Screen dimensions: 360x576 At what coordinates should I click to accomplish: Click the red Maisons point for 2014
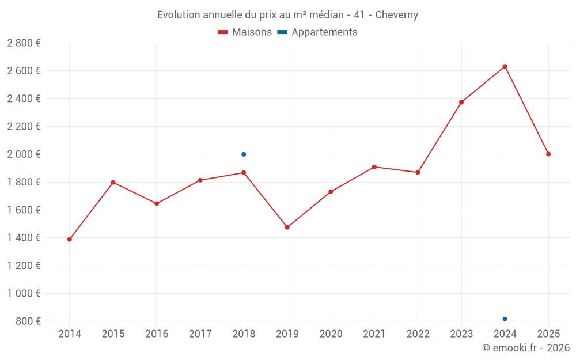(x=70, y=239)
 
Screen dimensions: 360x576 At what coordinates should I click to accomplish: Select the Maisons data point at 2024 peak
(x=505, y=66)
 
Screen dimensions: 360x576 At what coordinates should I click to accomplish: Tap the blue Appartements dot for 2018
(x=244, y=154)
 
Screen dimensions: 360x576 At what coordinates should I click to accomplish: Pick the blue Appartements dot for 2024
(x=505, y=319)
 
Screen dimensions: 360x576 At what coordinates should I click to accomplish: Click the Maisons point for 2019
(x=287, y=228)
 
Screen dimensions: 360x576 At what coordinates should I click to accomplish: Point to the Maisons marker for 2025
(x=548, y=154)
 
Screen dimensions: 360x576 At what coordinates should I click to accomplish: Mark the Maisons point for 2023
(x=461, y=103)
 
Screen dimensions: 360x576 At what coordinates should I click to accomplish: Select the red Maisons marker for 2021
(x=374, y=167)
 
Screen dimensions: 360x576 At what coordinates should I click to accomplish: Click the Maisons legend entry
(x=245, y=32)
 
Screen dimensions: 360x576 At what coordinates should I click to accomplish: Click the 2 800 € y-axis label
(x=24, y=43)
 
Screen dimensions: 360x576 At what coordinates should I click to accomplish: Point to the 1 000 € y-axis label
(x=24, y=294)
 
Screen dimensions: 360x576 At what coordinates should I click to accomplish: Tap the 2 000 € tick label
(x=24, y=154)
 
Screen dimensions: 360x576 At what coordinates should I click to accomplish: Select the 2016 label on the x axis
(x=157, y=334)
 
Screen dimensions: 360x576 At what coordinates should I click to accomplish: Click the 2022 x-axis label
(x=418, y=334)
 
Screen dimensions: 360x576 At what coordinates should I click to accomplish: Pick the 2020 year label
(x=331, y=334)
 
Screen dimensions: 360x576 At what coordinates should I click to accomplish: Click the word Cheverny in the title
(x=396, y=14)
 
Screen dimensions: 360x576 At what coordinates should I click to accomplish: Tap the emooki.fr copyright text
(x=526, y=348)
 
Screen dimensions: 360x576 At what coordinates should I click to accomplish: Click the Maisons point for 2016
(x=157, y=203)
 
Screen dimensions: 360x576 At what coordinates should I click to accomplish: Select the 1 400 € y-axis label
(x=24, y=238)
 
